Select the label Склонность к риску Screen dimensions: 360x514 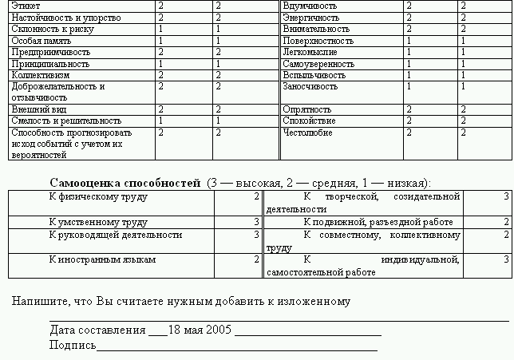(53, 29)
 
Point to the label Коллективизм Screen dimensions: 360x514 (41, 75)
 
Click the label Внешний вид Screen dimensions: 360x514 (38, 109)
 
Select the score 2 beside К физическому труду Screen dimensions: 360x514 (256, 196)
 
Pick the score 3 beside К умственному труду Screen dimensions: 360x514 (256, 222)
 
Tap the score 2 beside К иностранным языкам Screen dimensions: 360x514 (256, 259)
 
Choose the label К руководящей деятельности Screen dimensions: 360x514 (115, 235)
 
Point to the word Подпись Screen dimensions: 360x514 (73, 346)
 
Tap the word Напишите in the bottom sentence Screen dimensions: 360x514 (39, 302)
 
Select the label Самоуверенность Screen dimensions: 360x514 (319, 63)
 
